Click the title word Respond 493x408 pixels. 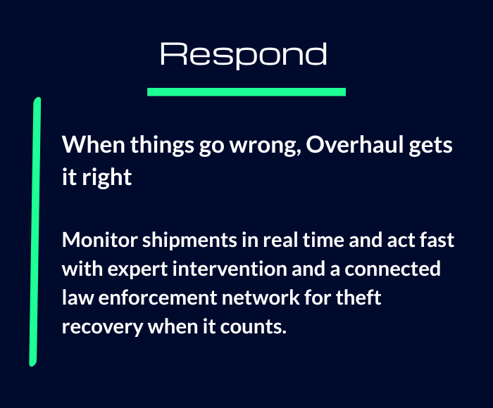[244, 55]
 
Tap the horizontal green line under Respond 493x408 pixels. [246, 91]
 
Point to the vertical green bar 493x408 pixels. [35, 232]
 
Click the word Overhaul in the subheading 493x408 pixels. [355, 145]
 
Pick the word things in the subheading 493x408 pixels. [162, 146]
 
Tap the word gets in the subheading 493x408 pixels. [430, 146]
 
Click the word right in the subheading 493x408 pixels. [106, 177]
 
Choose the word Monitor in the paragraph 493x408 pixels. [100, 240]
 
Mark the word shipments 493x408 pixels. [189, 241]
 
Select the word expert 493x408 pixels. [137, 270]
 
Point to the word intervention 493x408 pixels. [230, 269]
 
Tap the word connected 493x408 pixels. [392, 269]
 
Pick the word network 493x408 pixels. [261, 298]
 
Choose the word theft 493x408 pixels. [358, 298]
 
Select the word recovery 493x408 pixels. [103, 328]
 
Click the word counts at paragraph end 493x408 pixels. [253, 327]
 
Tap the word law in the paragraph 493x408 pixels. [77, 298]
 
